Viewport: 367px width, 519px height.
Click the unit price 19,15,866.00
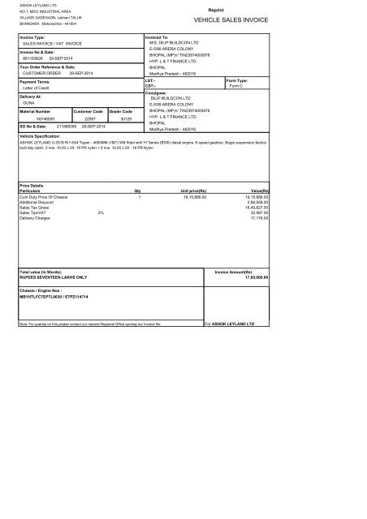(191, 196)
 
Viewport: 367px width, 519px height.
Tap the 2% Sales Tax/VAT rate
(100, 212)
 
